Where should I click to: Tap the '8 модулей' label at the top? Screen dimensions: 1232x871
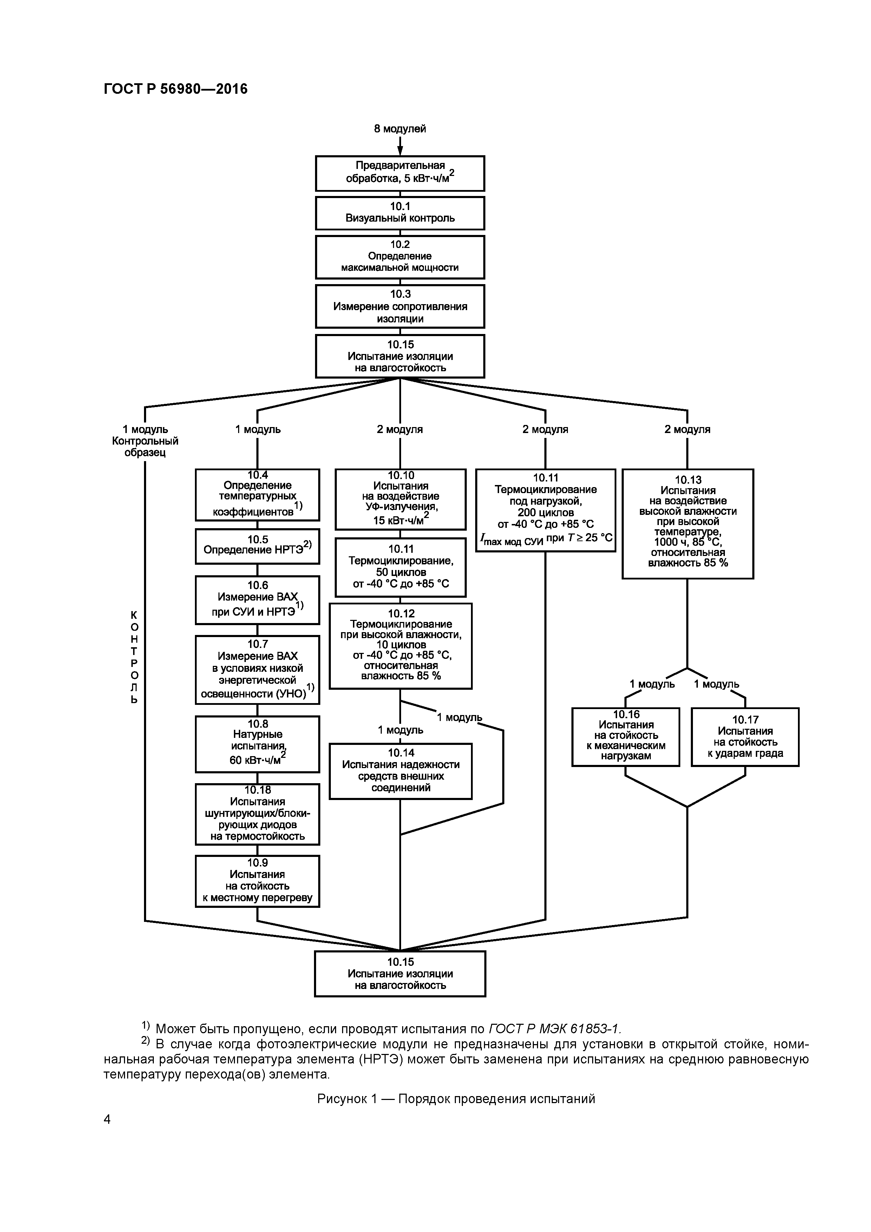click(400, 129)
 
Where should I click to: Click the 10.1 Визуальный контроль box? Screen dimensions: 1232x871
click(400, 213)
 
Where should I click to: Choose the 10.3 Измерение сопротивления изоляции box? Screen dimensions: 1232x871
click(400, 306)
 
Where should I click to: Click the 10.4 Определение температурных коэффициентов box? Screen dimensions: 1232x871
click(257, 495)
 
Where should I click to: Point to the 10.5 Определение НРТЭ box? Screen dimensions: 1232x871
click(257, 546)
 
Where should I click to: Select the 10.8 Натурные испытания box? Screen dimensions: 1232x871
click(257, 744)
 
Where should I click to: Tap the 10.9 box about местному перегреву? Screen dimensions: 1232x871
click(257, 881)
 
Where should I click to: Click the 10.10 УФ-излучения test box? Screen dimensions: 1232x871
click(400, 499)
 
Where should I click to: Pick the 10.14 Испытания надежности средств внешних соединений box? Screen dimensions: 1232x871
click(400, 771)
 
